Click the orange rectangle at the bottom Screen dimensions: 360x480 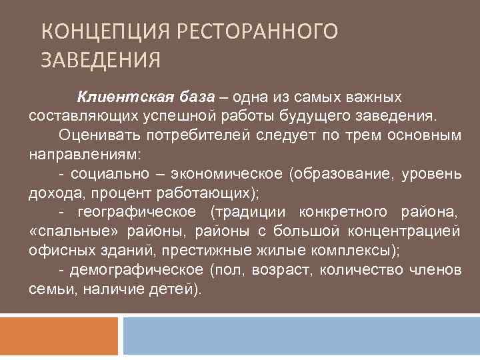pos(59,337)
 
